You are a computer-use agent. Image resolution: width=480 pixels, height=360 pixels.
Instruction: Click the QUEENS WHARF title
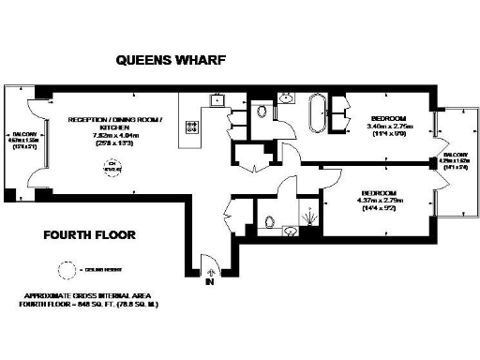(170, 61)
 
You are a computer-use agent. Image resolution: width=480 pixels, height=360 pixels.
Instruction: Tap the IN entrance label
(210, 280)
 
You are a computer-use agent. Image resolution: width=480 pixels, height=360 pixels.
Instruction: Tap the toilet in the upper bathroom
(262, 112)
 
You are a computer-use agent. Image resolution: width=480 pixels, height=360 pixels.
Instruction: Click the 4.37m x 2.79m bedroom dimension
(375, 201)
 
